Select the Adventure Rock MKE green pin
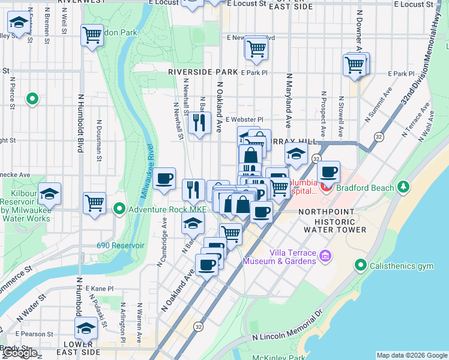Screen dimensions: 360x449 pyautogui.click(x=119, y=209)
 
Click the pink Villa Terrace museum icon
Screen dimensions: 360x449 pyautogui.click(x=325, y=256)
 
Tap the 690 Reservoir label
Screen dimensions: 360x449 pyautogui.click(x=121, y=245)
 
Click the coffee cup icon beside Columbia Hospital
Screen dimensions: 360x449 pyautogui.click(x=328, y=172)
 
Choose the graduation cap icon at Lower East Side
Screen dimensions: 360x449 pyautogui.click(x=86, y=328)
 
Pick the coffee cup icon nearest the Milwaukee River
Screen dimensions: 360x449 pyautogui.click(x=164, y=178)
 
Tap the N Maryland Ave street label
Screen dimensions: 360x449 pyautogui.click(x=289, y=101)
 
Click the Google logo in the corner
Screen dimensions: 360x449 pyautogui.click(x=20, y=353)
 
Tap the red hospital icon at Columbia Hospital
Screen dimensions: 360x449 pyautogui.click(x=326, y=187)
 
